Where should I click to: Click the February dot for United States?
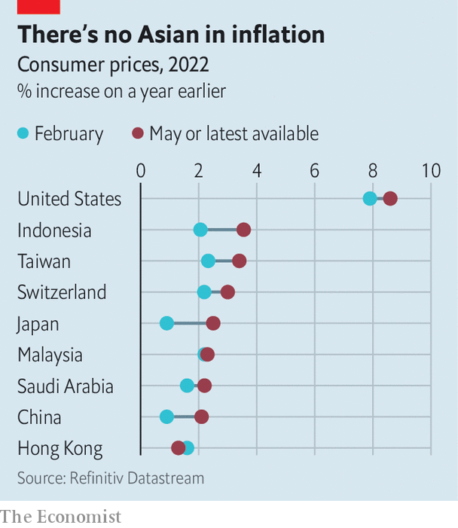pyautogui.click(x=370, y=199)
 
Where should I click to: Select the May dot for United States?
pyautogui.click(x=390, y=199)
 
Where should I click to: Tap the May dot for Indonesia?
pyautogui.click(x=243, y=230)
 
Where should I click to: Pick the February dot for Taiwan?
pyautogui.click(x=208, y=261)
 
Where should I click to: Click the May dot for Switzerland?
pyautogui.click(x=227, y=292)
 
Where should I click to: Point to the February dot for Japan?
pyautogui.click(x=166, y=323)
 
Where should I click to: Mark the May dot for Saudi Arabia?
pyautogui.click(x=204, y=386)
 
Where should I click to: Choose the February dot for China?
pyautogui.click(x=166, y=417)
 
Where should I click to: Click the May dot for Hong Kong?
pyautogui.click(x=179, y=448)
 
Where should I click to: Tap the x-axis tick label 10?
pyautogui.click(x=430, y=171)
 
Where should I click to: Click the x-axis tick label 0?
pyautogui.click(x=141, y=171)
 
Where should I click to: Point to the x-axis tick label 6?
pyautogui.click(x=315, y=171)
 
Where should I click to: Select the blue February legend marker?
pyautogui.click(x=23, y=134)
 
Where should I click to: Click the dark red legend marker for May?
pyautogui.click(x=138, y=134)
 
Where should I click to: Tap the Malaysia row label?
pyautogui.click(x=50, y=355)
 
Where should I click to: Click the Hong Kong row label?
pyautogui.click(x=60, y=449)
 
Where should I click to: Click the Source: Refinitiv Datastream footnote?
pyautogui.click(x=111, y=478)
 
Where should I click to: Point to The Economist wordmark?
pyautogui.click(x=61, y=517)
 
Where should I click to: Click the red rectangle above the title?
pyautogui.click(x=38, y=7)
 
